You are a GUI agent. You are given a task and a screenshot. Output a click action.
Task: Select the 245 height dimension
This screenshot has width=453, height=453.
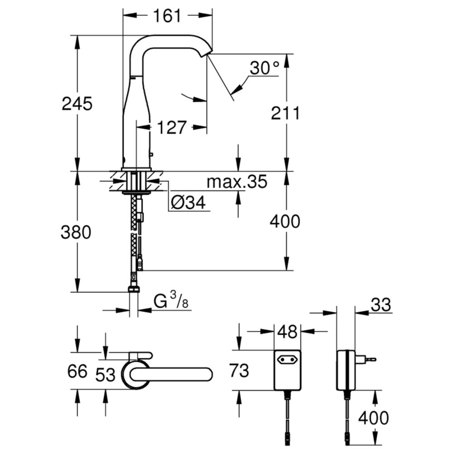point(77,104)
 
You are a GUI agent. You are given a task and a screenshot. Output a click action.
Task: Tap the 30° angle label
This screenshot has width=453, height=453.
point(264,69)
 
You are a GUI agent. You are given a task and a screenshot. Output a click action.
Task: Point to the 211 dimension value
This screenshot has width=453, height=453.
point(285,113)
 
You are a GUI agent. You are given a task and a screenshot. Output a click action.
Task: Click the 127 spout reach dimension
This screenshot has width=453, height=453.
point(172,128)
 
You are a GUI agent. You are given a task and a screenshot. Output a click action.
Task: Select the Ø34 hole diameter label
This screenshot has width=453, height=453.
point(189,203)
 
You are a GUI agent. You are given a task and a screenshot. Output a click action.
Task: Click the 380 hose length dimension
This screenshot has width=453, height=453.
point(77,232)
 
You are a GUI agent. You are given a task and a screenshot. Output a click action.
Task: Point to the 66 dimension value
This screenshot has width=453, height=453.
point(77,372)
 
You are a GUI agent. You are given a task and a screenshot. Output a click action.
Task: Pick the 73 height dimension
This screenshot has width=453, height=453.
point(238,371)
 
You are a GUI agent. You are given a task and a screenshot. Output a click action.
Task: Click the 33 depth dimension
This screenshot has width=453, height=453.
point(380,305)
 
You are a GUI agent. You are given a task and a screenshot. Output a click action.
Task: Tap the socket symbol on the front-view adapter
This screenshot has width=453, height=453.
point(288,361)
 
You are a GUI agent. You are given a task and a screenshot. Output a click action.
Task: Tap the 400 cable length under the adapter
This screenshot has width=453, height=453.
point(373,418)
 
